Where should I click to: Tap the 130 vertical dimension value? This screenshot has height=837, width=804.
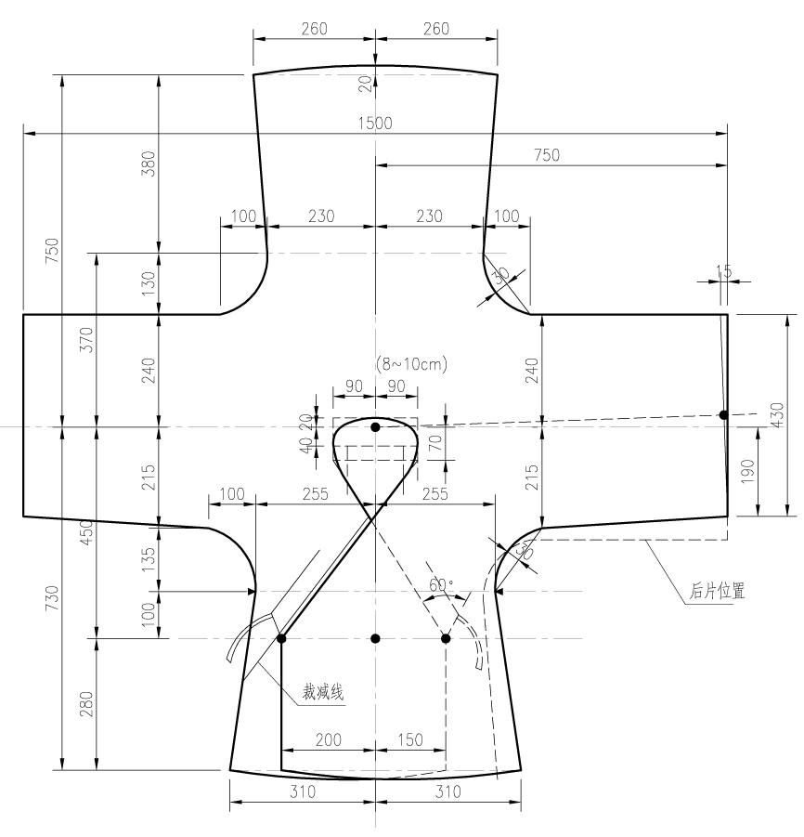pyautogui.click(x=149, y=282)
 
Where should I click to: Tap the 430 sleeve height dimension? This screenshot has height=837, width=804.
pyautogui.click(x=777, y=414)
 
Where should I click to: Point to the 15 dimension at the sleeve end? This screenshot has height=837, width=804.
pyautogui.click(x=724, y=271)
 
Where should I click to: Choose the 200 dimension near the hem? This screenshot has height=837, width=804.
pyautogui.click(x=328, y=739)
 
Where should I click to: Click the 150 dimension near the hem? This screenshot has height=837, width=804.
pyautogui.click(x=409, y=739)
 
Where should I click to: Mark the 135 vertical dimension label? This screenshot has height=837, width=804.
pyautogui.click(x=149, y=558)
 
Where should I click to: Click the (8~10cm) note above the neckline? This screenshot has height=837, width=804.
pyautogui.click(x=410, y=365)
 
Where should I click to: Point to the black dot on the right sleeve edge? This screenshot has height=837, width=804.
pyautogui.click(x=723, y=414)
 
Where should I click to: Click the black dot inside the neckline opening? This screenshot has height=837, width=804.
pyautogui.click(x=375, y=427)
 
